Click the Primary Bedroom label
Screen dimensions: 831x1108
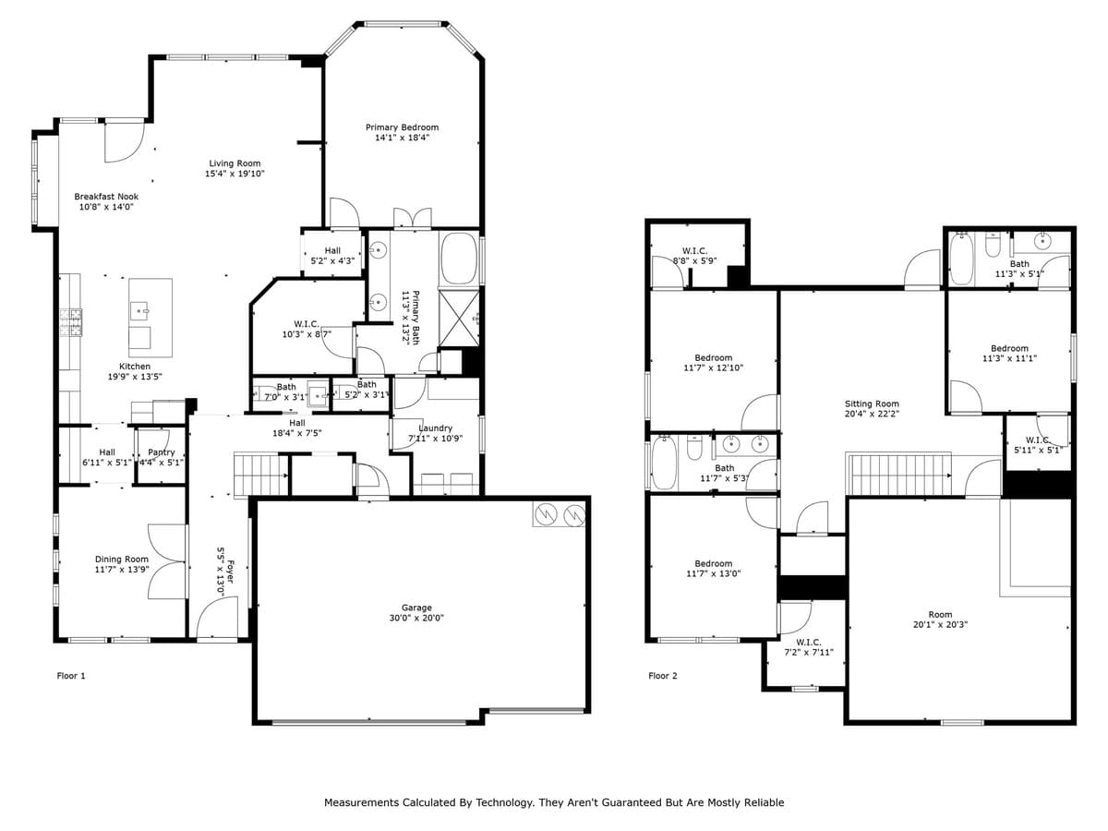click(x=402, y=127)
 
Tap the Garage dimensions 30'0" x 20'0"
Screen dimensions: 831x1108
click(x=416, y=619)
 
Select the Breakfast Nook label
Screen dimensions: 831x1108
click(x=106, y=196)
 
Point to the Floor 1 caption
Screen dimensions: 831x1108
click(x=71, y=676)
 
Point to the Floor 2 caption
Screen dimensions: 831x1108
click(x=662, y=676)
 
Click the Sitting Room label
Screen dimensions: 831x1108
click(x=871, y=403)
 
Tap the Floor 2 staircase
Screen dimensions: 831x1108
click(x=898, y=474)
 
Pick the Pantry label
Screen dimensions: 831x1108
click(x=162, y=452)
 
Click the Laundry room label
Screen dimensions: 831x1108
click(x=435, y=428)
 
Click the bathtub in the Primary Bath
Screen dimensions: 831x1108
click(x=458, y=259)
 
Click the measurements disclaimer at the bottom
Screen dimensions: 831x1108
click(x=554, y=802)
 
